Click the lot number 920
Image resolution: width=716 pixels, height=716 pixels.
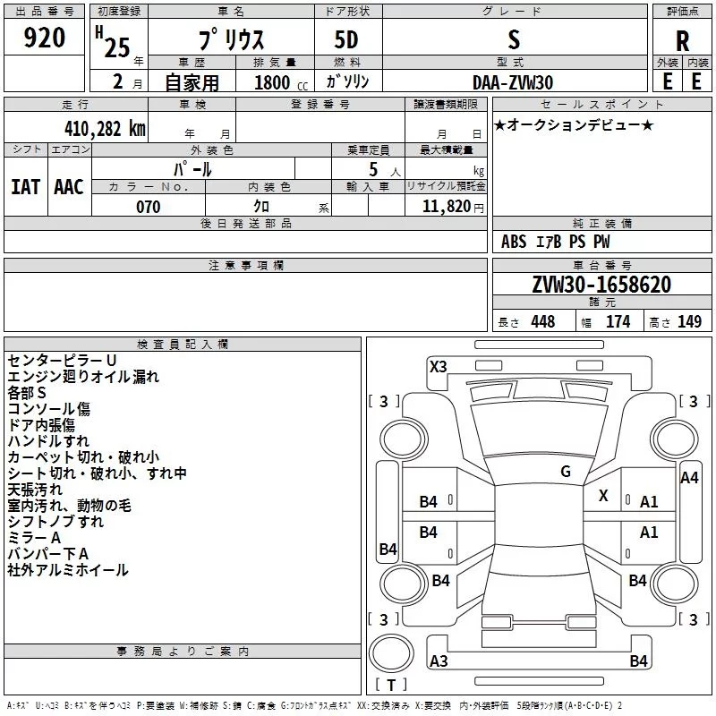[x=44, y=38]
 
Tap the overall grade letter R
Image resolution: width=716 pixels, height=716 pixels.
[x=682, y=41]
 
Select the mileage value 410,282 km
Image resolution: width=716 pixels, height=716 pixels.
[x=105, y=129]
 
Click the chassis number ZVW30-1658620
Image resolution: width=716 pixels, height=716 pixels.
[x=601, y=285]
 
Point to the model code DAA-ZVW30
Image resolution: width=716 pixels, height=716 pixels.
[x=513, y=82]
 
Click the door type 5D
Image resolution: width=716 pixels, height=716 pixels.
[x=346, y=40]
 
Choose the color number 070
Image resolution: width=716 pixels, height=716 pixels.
[x=149, y=207]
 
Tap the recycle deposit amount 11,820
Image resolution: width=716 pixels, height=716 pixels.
[x=446, y=207]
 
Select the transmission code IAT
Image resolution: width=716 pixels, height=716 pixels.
[x=26, y=187]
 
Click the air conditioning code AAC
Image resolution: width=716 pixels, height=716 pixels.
[x=69, y=187]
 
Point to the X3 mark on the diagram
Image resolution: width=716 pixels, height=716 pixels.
[x=439, y=367]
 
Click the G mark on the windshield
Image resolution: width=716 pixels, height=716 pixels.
[x=566, y=472]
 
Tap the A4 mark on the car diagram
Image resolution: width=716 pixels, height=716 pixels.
[x=689, y=478]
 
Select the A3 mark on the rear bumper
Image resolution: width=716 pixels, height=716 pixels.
[x=439, y=661]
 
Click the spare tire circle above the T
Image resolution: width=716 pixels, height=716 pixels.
[x=391, y=653]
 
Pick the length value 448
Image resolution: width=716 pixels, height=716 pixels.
[x=543, y=321]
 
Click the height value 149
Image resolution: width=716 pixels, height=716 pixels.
[x=689, y=321]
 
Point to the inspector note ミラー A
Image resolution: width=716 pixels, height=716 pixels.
[x=34, y=538]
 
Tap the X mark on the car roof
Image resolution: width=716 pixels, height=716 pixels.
[x=603, y=496]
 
